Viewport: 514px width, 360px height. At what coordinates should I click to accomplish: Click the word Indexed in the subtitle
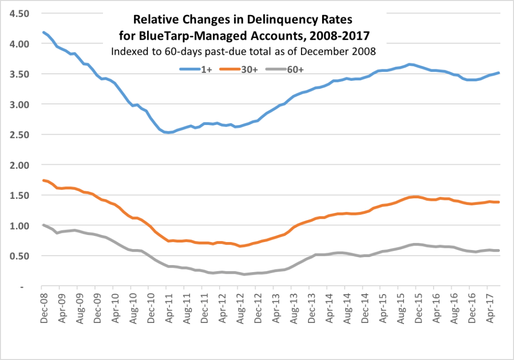tap(128, 51)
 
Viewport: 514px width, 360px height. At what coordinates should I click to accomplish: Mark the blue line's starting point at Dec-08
tap(44, 32)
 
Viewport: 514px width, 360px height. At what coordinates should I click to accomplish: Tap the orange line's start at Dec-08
tap(44, 180)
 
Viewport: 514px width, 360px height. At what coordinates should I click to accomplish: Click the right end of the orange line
tap(498, 202)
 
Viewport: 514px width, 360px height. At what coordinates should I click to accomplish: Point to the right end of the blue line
tap(498, 73)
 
